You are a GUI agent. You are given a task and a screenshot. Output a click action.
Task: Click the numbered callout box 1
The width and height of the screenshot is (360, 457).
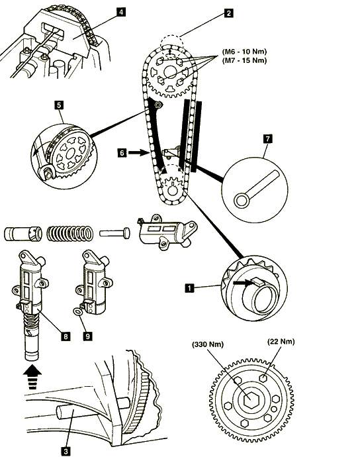point(189,288)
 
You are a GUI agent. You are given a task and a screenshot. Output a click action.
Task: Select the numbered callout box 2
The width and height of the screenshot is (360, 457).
point(229,13)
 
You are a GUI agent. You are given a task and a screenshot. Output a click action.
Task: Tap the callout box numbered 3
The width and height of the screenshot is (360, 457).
point(66,451)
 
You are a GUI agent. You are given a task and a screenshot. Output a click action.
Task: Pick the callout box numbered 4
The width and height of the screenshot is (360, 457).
point(121,12)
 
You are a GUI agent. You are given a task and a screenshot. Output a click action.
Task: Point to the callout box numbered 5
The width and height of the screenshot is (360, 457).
point(59,105)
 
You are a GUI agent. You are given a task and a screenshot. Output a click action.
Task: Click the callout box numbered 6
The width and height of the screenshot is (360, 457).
point(122,152)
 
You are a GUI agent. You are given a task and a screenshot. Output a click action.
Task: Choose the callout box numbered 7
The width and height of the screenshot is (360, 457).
point(267,138)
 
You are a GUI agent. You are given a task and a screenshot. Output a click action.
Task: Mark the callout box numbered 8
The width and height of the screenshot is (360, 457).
point(66,336)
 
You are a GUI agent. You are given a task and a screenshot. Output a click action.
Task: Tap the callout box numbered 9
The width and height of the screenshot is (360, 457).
point(87,336)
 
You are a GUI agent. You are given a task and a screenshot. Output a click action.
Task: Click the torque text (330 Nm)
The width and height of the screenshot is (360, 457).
point(208,344)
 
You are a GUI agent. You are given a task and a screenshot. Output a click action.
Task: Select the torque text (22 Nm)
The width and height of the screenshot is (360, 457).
point(281,341)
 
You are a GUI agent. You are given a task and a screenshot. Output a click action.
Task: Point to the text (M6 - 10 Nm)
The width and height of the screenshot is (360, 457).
point(244,52)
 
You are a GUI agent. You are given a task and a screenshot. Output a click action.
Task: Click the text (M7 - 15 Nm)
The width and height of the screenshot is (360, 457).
point(244,60)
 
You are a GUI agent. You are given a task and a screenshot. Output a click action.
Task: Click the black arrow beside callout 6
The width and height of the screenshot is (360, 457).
point(138,152)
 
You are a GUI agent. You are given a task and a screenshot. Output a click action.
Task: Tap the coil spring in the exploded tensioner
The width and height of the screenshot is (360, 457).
point(70,233)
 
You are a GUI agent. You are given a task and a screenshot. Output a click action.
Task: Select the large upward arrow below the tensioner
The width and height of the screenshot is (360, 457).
point(32,377)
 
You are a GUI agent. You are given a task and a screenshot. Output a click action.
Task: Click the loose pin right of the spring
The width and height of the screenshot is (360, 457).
point(114,233)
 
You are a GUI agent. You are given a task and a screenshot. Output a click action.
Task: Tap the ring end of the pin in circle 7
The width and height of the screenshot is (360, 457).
point(242,201)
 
